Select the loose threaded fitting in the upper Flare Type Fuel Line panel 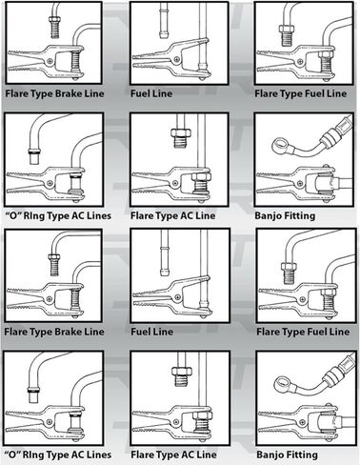pos(287,35)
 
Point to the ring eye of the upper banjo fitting pos(280,145)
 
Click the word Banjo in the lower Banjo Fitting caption pos(270,455)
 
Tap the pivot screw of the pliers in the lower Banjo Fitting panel pos(302,422)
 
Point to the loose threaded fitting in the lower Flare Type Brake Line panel pos(54,265)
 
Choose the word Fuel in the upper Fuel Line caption pos(140,93)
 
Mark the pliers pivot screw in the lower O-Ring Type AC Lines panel pos(50,422)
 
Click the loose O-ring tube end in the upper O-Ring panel pos(34,156)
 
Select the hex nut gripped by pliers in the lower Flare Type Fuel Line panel pos(330,290)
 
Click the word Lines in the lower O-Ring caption pos(99,455)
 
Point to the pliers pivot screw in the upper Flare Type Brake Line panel pos(50,61)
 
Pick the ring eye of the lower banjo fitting pos(281,383)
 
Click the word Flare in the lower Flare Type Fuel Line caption pos(268,332)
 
